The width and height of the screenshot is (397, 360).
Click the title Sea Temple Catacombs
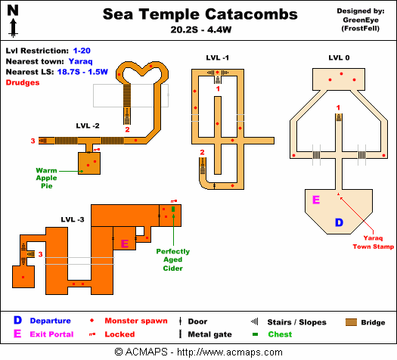200,14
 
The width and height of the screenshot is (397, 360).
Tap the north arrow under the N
14,28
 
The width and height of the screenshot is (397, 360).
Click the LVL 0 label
339,57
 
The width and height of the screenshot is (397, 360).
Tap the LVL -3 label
73,219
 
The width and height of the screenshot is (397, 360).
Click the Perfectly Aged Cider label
172,259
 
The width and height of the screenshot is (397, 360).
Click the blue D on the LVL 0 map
339,222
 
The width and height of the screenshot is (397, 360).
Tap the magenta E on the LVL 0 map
316,200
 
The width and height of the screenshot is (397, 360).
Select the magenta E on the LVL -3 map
125,244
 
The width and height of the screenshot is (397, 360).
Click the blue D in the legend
16,321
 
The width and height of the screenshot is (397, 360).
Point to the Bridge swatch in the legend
350,321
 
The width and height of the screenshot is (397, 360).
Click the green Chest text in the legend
280,334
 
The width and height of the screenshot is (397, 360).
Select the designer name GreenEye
366,20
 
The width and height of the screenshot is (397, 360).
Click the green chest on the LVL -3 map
173,209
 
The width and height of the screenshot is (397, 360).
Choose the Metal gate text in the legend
209,334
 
